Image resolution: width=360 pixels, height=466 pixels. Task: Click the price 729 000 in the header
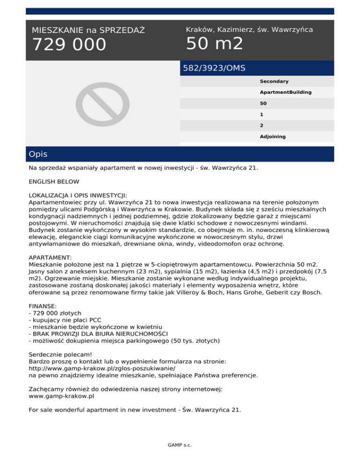69,45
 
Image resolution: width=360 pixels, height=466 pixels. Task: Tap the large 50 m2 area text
214,44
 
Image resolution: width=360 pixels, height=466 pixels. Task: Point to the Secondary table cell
274,82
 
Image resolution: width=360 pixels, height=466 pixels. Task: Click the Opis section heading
37,154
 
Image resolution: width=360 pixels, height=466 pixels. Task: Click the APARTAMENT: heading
50,258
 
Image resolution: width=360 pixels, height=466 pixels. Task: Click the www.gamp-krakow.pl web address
61,396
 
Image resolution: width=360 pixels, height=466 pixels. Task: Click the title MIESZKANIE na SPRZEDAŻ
88,30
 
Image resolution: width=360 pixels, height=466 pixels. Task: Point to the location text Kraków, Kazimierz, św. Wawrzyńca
249,30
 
